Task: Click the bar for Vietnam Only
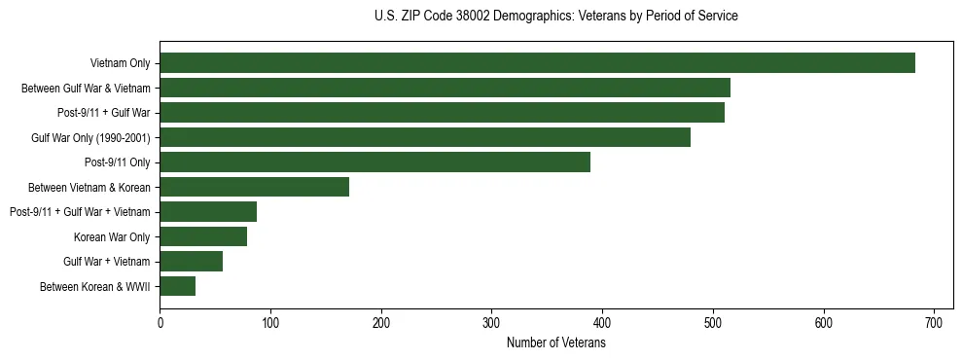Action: (x=537, y=63)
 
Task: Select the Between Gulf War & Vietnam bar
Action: (x=445, y=88)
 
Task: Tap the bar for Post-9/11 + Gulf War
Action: (x=442, y=113)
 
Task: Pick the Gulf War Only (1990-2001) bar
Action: (x=425, y=137)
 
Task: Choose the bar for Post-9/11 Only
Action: (x=374, y=162)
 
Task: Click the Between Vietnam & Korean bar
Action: (x=254, y=187)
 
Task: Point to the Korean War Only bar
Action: (x=203, y=236)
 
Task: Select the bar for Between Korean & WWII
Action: (x=177, y=286)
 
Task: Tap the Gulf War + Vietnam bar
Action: (x=191, y=261)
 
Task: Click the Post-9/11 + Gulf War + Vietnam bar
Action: (x=208, y=212)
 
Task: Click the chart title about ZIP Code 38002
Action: (x=555, y=17)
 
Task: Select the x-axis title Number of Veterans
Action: (x=555, y=343)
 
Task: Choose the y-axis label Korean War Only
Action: (x=112, y=236)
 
